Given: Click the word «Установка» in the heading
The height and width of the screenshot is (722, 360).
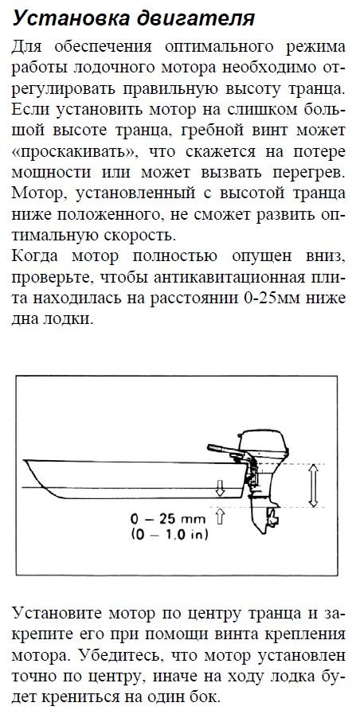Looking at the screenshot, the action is tap(69, 18).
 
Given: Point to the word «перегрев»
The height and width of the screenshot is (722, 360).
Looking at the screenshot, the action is tap(303, 173).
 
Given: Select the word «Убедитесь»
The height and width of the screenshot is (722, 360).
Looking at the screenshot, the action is tap(115, 655).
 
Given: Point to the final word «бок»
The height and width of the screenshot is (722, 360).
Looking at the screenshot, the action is tap(202, 697).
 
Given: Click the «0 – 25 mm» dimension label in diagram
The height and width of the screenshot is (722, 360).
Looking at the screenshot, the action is tap(168, 519).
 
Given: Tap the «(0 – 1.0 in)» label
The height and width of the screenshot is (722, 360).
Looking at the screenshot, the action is tap(169, 535).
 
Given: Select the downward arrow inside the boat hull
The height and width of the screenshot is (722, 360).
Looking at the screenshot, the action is tap(220, 488).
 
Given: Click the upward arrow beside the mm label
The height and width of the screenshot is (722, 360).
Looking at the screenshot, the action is tap(219, 517).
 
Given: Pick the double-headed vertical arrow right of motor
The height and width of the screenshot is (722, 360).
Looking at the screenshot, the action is tap(314, 486).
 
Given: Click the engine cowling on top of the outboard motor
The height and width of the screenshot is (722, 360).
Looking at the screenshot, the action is tap(264, 442).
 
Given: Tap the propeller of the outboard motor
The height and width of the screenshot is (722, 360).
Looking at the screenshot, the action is tap(274, 518).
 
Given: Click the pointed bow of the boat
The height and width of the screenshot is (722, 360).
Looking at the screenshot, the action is tap(25, 460).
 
